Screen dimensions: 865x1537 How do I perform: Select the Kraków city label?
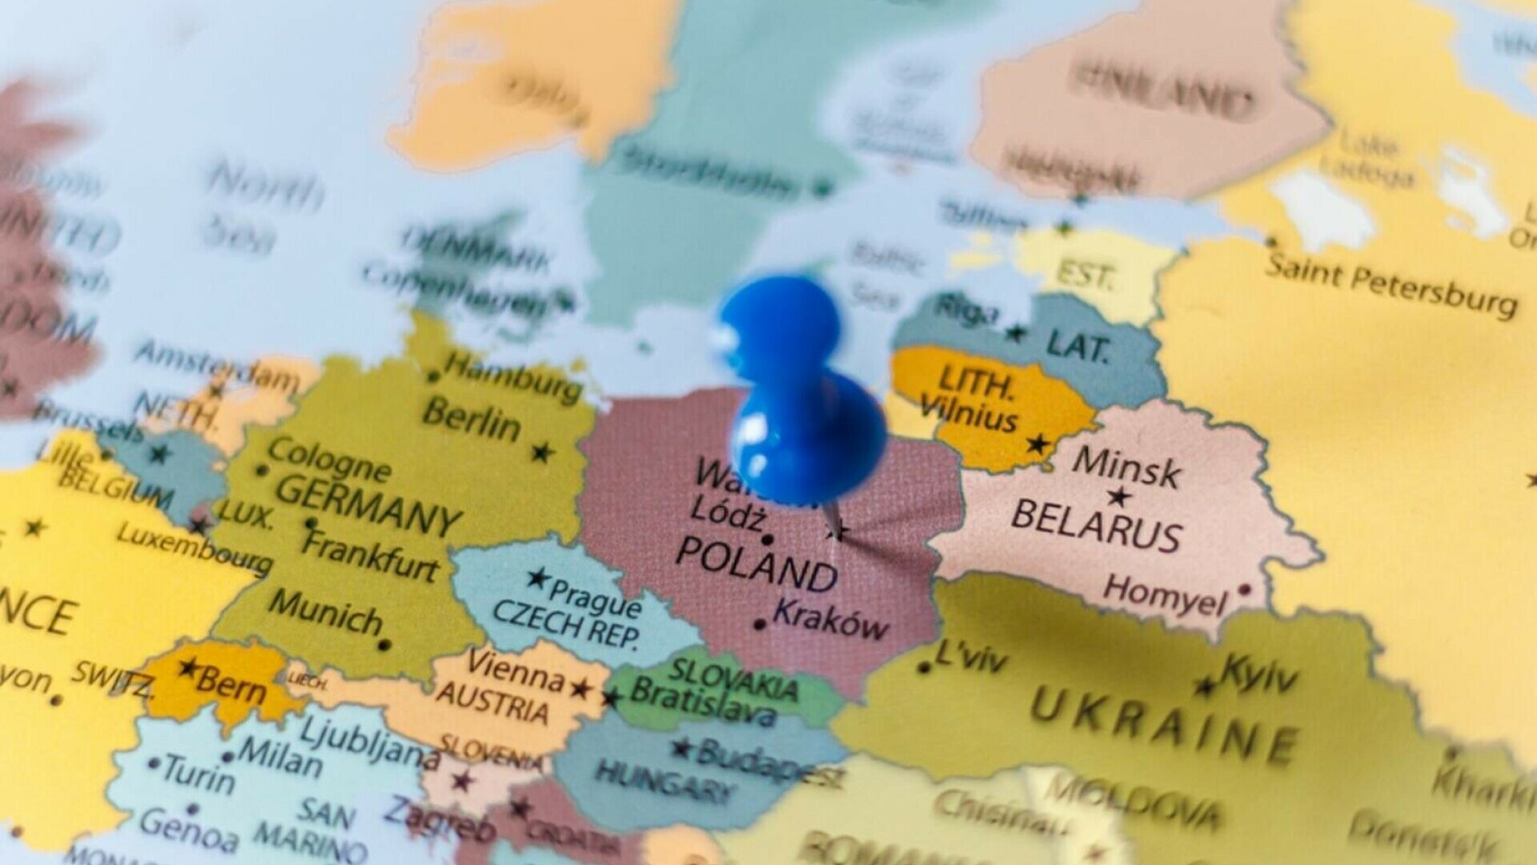(831, 618)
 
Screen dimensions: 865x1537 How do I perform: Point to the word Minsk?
(1126, 467)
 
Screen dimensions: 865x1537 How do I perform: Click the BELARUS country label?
(1096, 525)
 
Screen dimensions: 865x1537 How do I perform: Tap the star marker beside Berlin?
(543, 453)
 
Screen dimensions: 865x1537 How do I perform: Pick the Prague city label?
(594, 597)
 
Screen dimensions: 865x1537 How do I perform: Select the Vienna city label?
(516, 671)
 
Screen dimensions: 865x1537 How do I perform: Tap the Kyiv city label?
(1259, 673)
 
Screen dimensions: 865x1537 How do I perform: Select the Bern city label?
(231, 685)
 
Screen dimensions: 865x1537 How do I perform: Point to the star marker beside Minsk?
(1119, 497)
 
